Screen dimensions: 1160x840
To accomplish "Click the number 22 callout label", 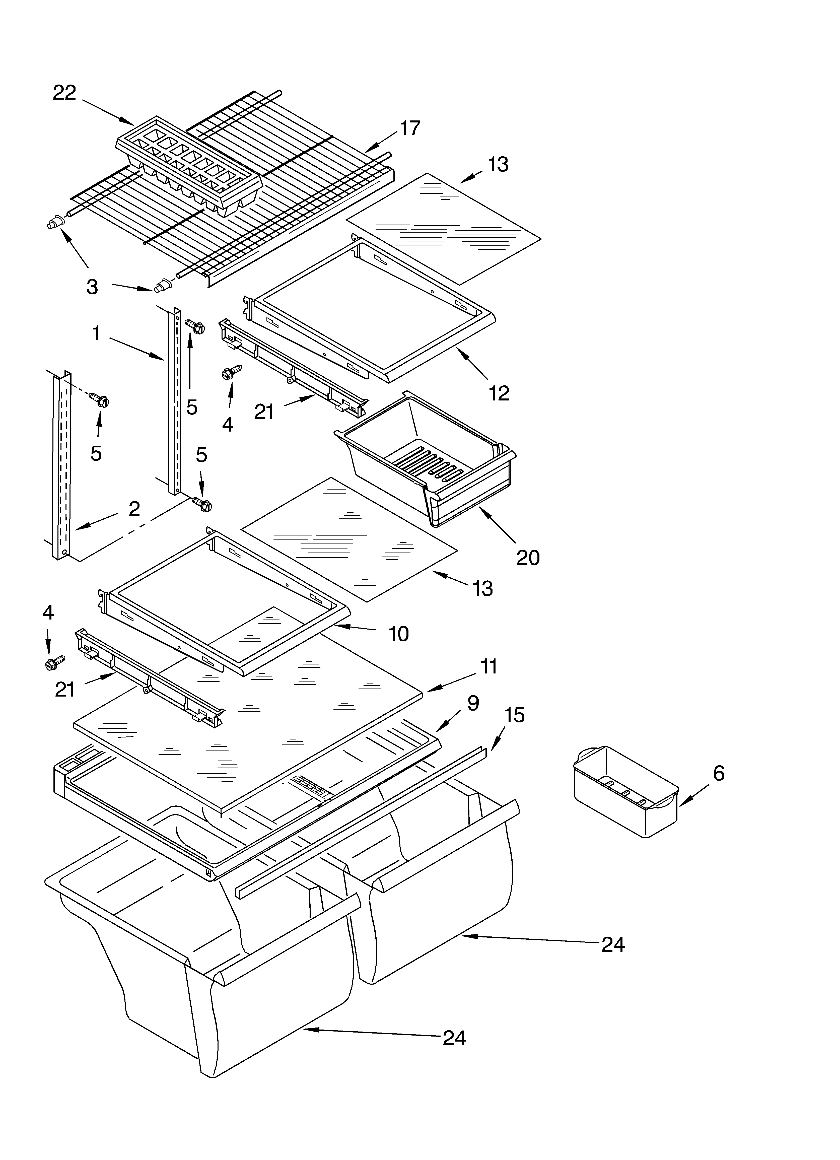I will [64, 93].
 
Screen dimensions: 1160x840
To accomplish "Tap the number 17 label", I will [410, 128].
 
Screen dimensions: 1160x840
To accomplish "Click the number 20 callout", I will [528, 557].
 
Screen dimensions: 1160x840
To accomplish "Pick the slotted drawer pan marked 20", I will [427, 458].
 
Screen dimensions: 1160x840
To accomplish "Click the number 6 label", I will [718, 773].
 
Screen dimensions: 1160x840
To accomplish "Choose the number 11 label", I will [488, 666].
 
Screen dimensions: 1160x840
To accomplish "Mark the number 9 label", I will [473, 703].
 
